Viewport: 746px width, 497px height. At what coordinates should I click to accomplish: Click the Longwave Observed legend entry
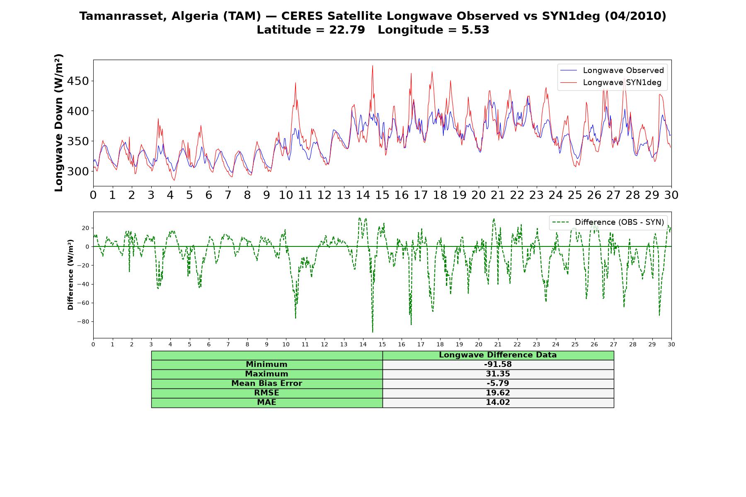tap(612, 70)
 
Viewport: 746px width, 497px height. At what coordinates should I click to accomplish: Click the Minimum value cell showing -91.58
tap(498, 364)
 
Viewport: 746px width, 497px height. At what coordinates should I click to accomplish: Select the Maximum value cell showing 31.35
tap(498, 374)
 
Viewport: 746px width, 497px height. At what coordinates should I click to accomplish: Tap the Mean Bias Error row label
tap(266, 384)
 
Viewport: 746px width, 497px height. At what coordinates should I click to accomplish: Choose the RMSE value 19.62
tap(498, 393)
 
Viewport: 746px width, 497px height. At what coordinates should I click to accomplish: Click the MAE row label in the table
tap(266, 403)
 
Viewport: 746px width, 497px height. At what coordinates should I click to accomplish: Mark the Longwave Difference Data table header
tap(498, 355)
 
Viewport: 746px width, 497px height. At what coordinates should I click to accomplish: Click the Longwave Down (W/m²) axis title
tap(59, 123)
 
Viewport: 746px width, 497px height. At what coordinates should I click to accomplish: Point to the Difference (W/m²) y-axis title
tap(70, 275)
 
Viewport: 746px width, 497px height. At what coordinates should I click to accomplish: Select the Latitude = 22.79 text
tap(311, 30)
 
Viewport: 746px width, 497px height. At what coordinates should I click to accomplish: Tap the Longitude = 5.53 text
tap(434, 30)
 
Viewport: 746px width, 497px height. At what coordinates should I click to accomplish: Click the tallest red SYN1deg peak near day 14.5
tap(373, 65)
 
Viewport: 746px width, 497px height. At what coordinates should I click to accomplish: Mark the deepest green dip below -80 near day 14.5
tap(373, 332)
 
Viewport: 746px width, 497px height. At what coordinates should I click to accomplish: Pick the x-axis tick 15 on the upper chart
tap(382, 195)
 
